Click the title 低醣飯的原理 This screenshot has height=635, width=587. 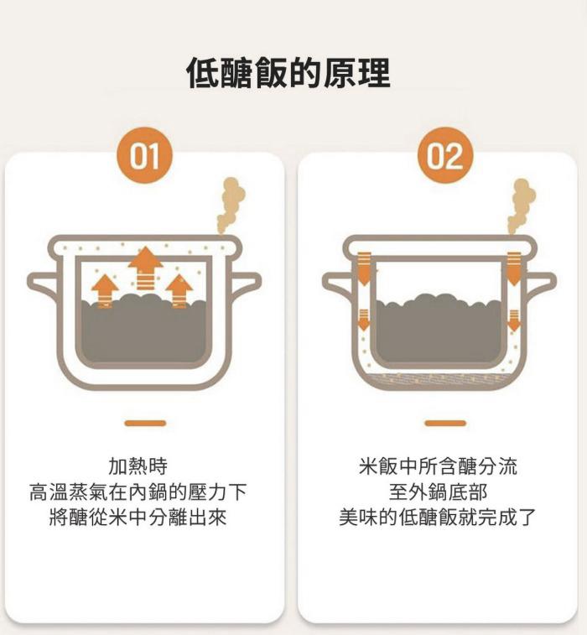tap(288, 73)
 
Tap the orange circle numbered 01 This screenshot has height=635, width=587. tap(144, 155)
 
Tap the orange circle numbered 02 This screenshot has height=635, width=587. tap(445, 155)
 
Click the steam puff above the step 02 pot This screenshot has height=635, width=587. tap(522, 206)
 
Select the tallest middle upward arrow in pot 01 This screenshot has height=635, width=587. tap(145, 268)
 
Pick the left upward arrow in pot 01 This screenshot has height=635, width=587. tap(105, 291)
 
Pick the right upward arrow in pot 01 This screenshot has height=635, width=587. tap(179, 291)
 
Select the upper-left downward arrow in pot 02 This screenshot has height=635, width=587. tap(364, 268)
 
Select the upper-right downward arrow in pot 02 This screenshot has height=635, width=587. tap(514, 268)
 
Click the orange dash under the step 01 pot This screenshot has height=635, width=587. tap(145, 424)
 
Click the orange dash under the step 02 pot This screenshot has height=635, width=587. tap(445, 424)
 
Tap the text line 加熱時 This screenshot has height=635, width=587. tap(138, 466)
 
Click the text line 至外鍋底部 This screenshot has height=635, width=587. tap(438, 492)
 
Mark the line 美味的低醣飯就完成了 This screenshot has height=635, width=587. tap(438, 518)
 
